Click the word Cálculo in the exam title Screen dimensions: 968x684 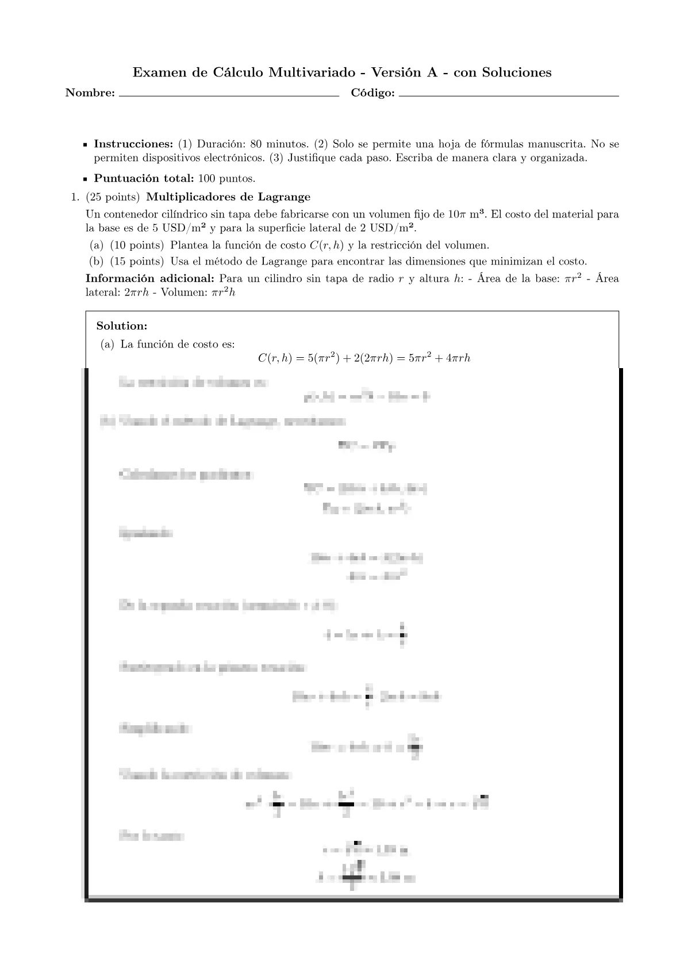point(237,72)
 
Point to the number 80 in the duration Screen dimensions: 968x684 point(256,144)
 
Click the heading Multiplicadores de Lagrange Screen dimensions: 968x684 point(228,197)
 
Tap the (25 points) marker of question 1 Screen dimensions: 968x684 point(113,197)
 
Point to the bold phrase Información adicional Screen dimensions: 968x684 point(150,278)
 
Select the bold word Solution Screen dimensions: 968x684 point(122,326)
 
